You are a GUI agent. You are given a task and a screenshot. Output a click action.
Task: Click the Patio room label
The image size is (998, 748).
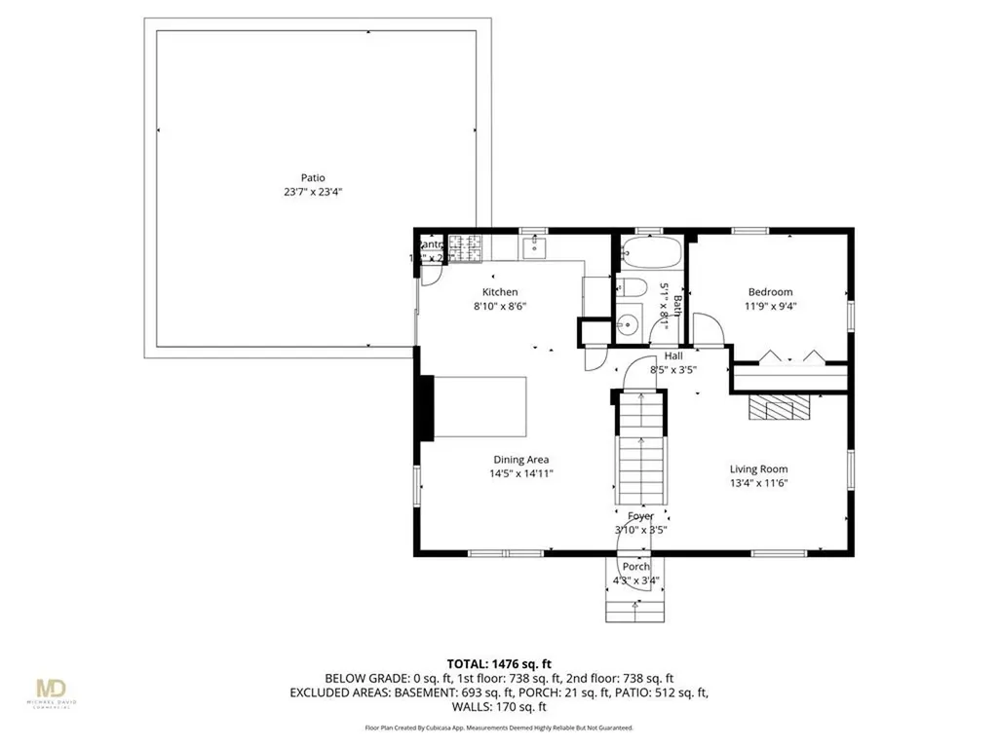[313, 178]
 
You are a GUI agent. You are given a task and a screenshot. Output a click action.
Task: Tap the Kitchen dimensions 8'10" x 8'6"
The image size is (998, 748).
[500, 307]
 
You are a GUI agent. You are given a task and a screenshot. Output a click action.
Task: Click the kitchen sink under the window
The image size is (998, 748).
[535, 248]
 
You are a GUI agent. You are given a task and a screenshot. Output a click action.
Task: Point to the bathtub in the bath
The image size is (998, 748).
[652, 252]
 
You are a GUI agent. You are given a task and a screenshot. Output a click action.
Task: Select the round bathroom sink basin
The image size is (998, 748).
[627, 325]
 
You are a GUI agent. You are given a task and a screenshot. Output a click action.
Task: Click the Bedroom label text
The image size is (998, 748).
[770, 292]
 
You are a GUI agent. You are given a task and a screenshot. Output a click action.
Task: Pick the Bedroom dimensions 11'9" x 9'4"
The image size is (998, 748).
[770, 307]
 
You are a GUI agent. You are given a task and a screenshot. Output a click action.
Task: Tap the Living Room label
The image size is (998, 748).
[758, 468]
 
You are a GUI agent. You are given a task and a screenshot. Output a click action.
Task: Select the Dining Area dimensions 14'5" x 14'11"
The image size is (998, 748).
[521, 474]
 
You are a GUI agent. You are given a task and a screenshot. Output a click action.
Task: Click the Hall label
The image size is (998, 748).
[673, 356]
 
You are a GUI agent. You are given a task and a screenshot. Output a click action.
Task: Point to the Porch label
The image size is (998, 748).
[635, 567]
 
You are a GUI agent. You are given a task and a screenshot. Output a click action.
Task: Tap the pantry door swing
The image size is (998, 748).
[430, 272]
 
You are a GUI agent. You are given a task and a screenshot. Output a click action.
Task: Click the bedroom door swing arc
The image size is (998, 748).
[710, 333]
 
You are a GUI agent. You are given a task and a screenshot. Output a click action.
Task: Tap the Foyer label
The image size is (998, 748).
[640, 516]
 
